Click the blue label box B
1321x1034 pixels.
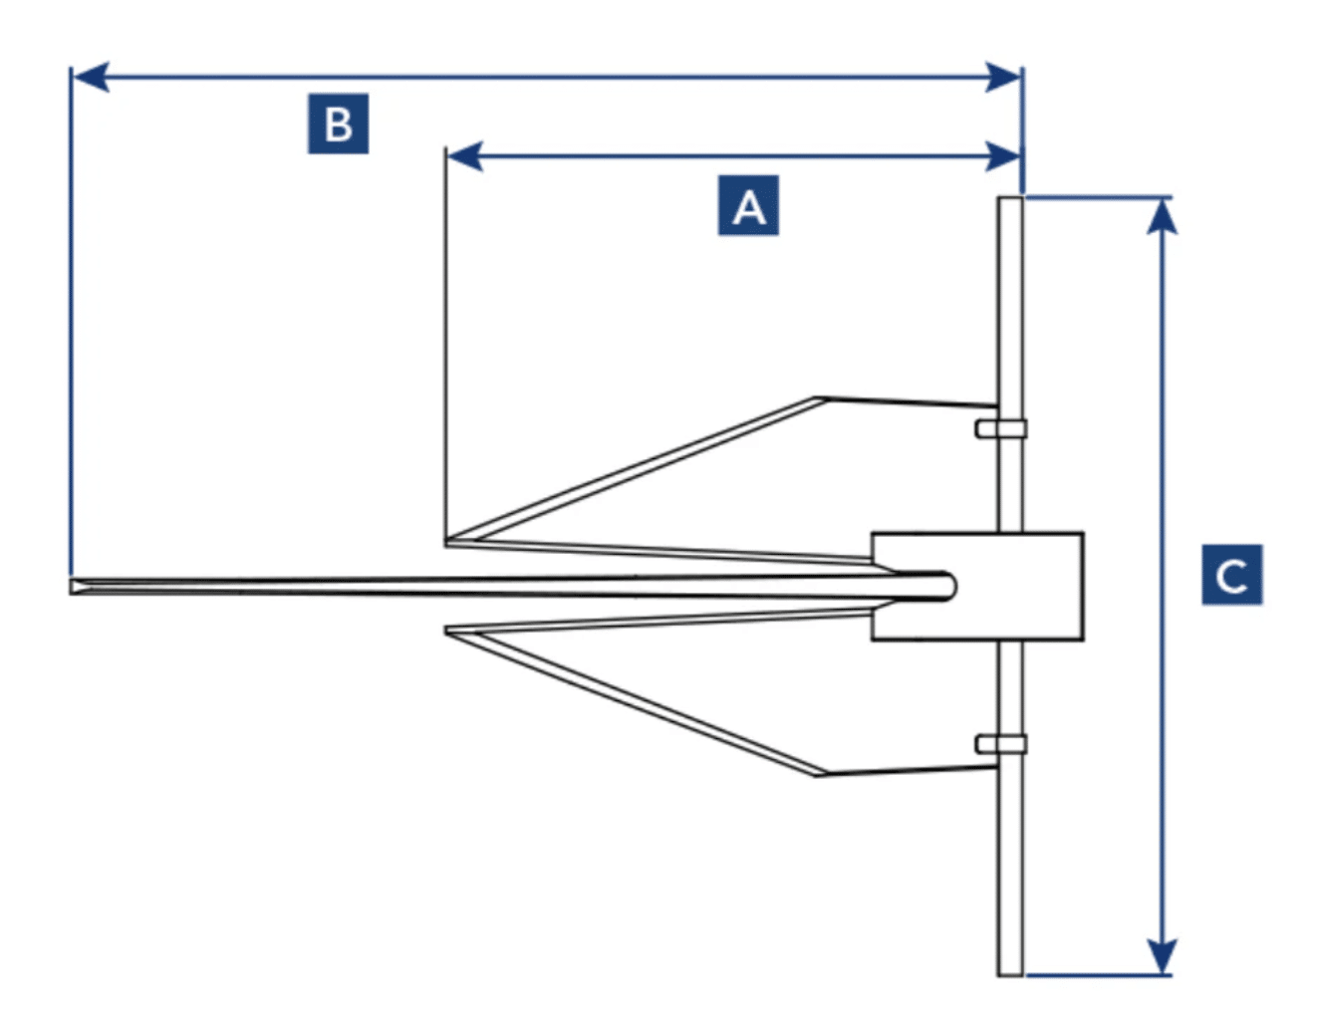[338, 124]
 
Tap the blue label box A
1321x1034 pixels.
[748, 206]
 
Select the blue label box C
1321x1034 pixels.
[1231, 575]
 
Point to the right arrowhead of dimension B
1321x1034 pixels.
[1004, 77]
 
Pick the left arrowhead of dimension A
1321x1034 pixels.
[464, 156]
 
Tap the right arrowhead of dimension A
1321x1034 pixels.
[1004, 156]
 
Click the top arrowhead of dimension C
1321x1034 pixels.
[1162, 215]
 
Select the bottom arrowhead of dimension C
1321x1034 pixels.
[1162, 956]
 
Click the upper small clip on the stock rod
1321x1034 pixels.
[1000, 428]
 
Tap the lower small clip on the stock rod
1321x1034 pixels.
[1000, 744]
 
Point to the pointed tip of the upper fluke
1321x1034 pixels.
[448, 542]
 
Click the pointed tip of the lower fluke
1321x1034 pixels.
[448, 632]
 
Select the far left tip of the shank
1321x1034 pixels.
[74, 587]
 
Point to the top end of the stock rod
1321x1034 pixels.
[1010, 201]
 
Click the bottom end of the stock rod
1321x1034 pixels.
[1010, 971]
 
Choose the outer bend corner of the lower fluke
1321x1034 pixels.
[819, 773]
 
